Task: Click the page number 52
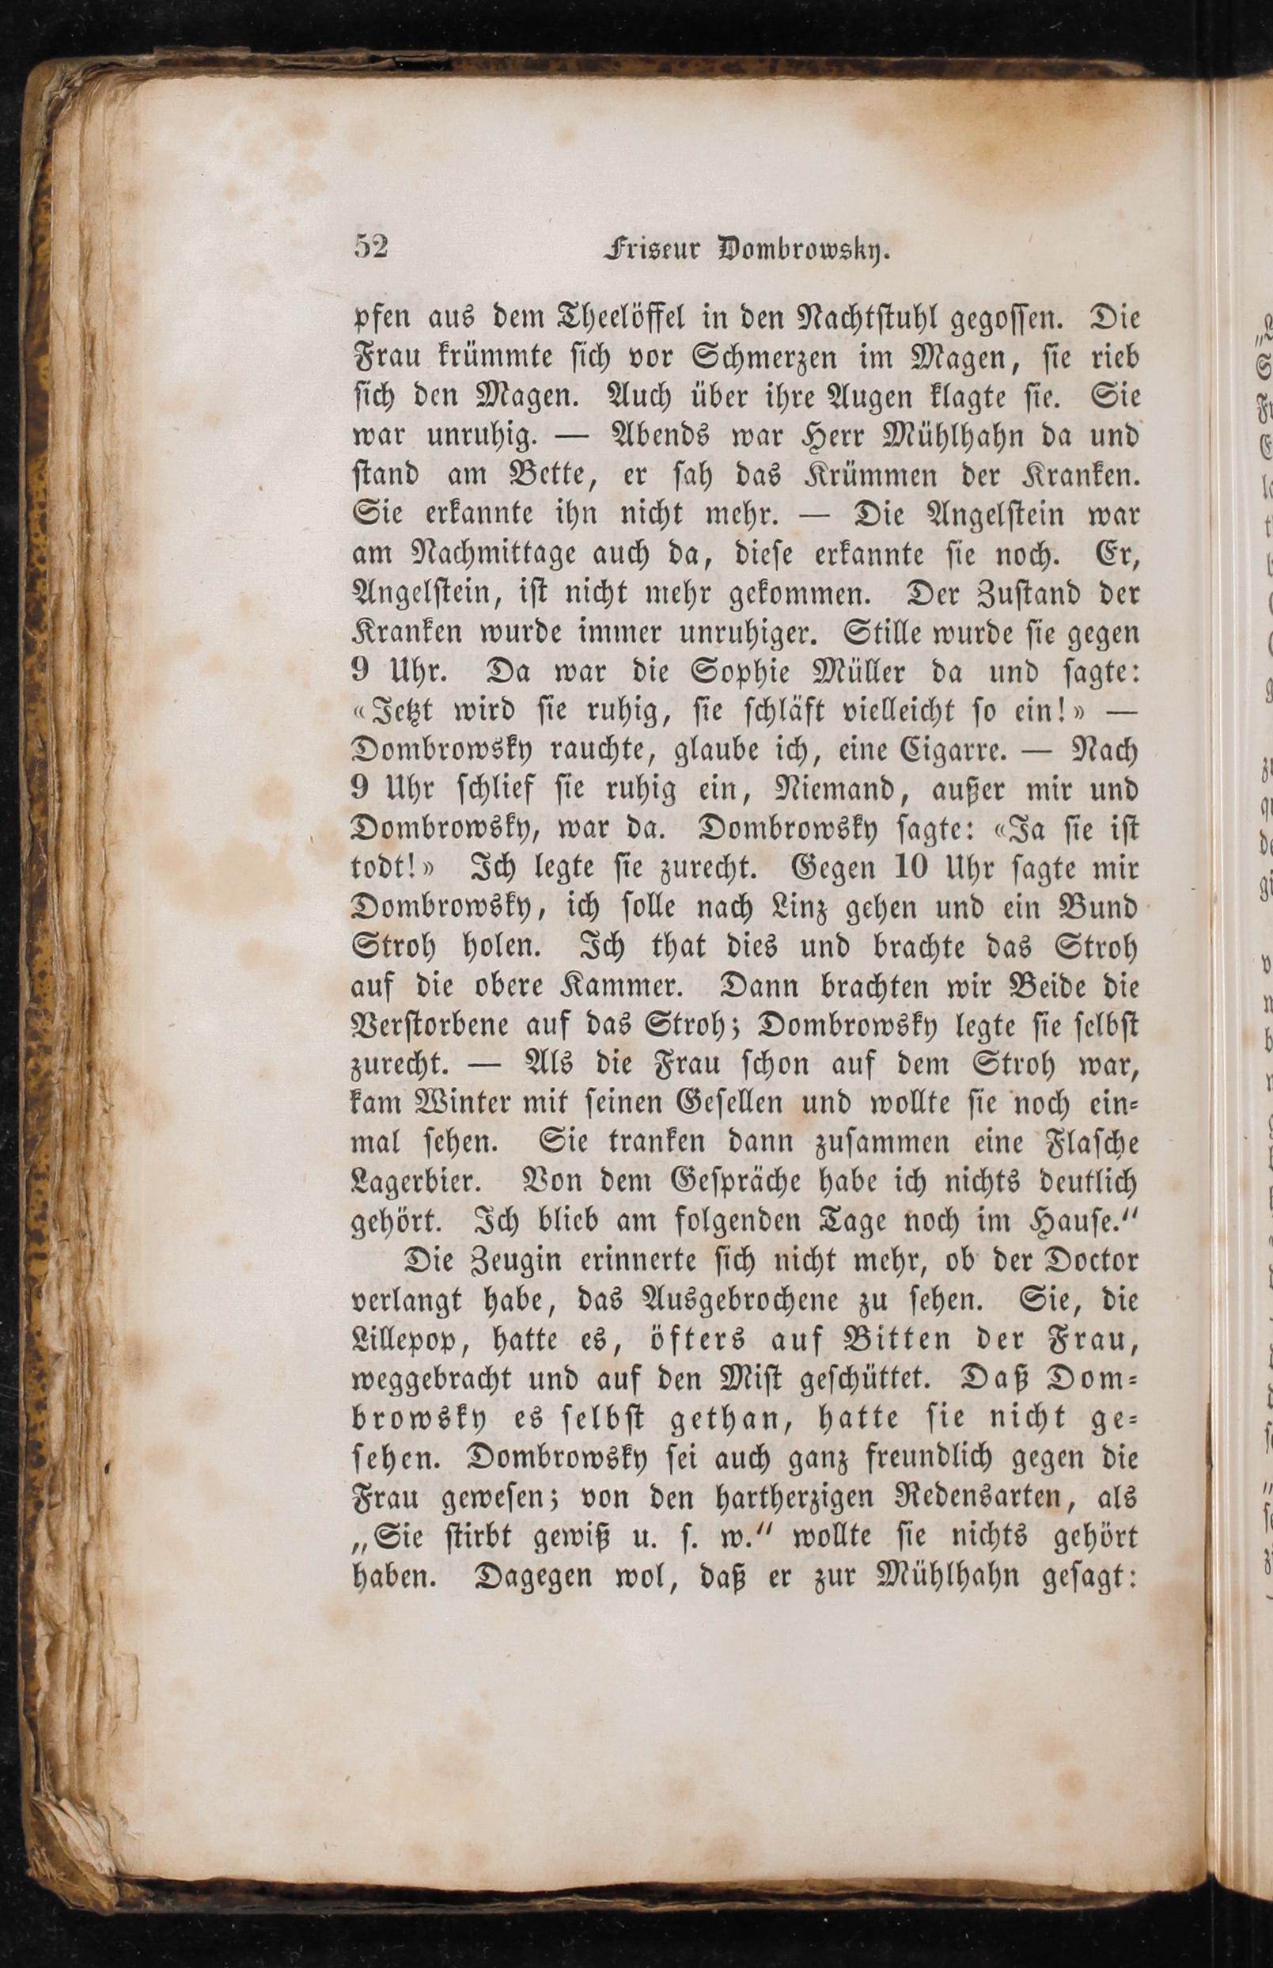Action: click(x=371, y=246)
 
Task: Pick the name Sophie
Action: click(x=718, y=671)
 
